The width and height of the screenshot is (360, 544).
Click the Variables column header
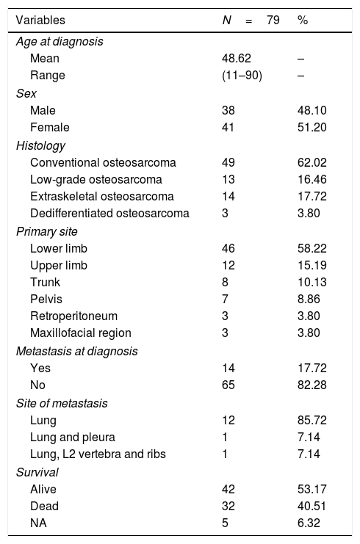tap(40, 20)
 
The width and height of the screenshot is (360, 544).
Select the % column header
tap(303, 20)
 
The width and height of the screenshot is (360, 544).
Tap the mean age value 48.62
tap(236, 58)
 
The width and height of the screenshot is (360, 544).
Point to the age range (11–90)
tap(242, 76)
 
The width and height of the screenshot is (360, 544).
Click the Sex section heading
tap(26, 93)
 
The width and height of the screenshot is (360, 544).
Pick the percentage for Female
tap(312, 127)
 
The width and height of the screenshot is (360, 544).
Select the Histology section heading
tap(40, 145)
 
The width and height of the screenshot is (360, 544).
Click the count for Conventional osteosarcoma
tap(228, 162)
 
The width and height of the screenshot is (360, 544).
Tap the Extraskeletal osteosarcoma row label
tap(101, 196)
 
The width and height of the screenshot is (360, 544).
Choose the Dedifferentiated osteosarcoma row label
tap(109, 213)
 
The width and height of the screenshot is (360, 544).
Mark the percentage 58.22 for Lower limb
tap(312, 248)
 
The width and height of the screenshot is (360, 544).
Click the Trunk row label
tap(45, 282)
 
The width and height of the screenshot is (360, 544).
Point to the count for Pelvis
tap(225, 299)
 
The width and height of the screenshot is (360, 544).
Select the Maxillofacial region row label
tap(81, 333)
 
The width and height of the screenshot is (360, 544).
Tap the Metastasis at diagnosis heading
tap(76, 351)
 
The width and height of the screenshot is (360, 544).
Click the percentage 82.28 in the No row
tap(312, 385)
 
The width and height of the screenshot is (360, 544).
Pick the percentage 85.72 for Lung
tap(312, 421)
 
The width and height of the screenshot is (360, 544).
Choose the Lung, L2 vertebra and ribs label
tap(98, 454)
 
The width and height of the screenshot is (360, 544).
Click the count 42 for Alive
tap(228, 489)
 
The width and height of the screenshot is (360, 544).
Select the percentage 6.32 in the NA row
tap(309, 523)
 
